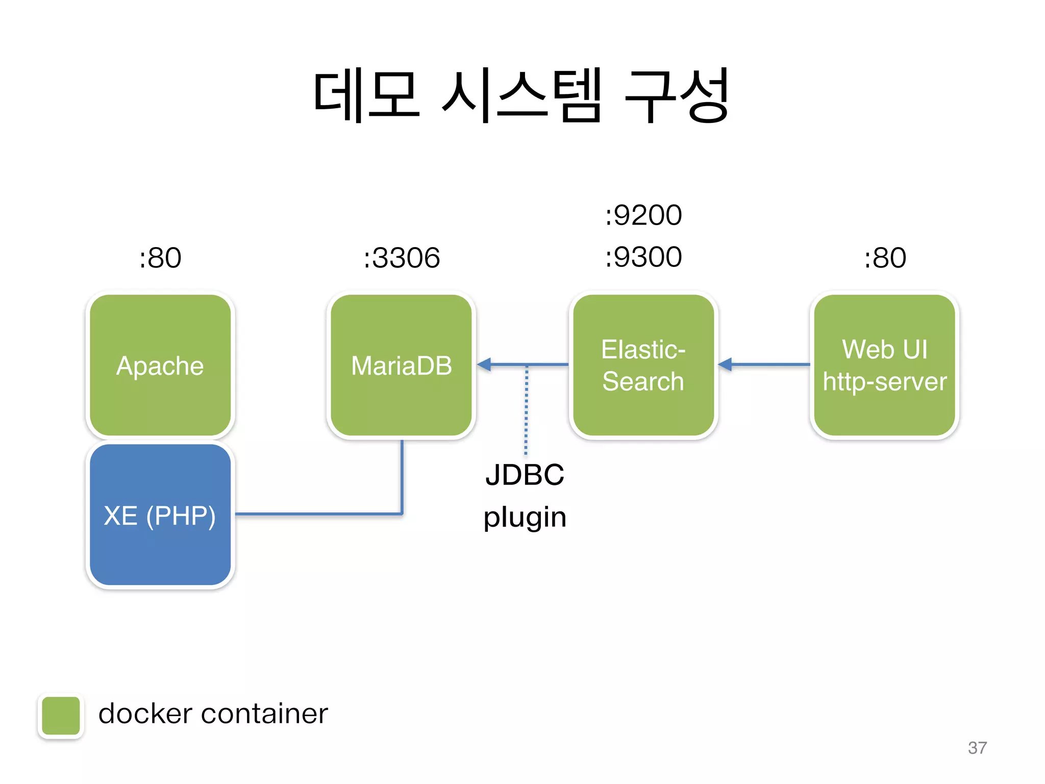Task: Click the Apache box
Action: click(160, 365)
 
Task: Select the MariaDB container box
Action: click(402, 365)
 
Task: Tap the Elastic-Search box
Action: click(643, 365)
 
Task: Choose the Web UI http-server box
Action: click(884, 365)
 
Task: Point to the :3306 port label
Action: click(402, 257)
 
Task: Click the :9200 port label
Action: click(643, 215)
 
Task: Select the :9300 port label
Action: click(643, 257)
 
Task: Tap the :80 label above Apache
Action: click(160, 257)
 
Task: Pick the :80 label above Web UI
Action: click(884, 257)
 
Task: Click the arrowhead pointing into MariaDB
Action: click(484, 364)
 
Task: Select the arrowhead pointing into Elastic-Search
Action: click(725, 364)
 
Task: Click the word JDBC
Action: click(525, 475)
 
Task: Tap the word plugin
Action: click(525, 517)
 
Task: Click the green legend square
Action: click(61, 716)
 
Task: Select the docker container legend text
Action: click(213, 714)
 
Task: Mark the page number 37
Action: click(977, 748)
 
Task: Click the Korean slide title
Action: click(521, 95)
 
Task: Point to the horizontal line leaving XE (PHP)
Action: click(316, 514)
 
